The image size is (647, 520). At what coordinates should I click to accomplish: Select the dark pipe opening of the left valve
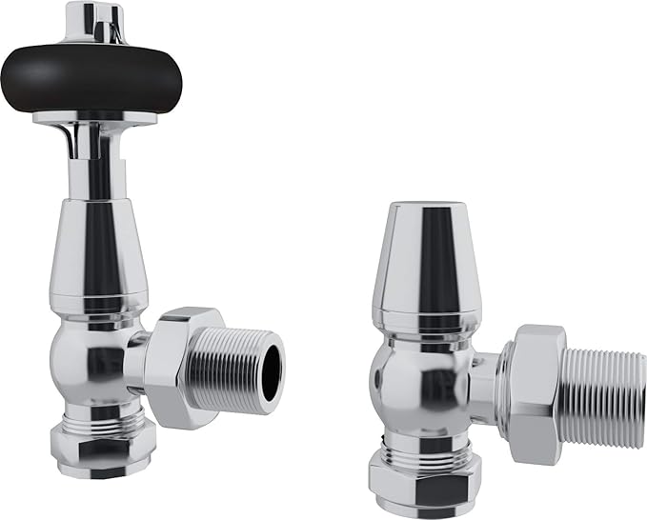[x=272, y=367]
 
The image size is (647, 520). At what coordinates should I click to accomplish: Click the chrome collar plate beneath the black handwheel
[x=93, y=119]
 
